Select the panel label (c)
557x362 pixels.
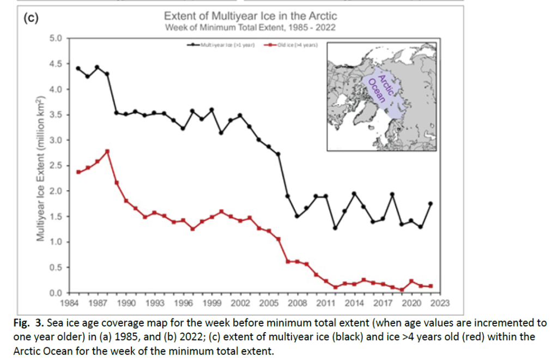(x=32, y=17)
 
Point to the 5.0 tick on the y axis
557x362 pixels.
(x=57, y=38)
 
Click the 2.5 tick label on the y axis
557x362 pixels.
(x=57, y=166)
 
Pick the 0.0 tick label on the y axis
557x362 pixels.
(x=57, y=293)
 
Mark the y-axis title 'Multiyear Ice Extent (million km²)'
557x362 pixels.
(x=39, y=169)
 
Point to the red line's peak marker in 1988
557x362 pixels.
(x=107, y=151)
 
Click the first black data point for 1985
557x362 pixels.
(x=78, y=68)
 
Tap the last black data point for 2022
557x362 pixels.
(x=431, y=203)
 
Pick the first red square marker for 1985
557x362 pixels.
(x=78, y=172)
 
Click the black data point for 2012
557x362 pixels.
(x=335, y=228)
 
